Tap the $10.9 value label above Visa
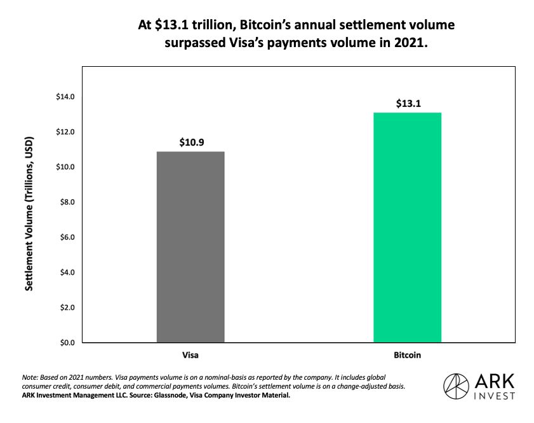pos(190,142)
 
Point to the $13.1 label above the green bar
pos(407,103)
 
